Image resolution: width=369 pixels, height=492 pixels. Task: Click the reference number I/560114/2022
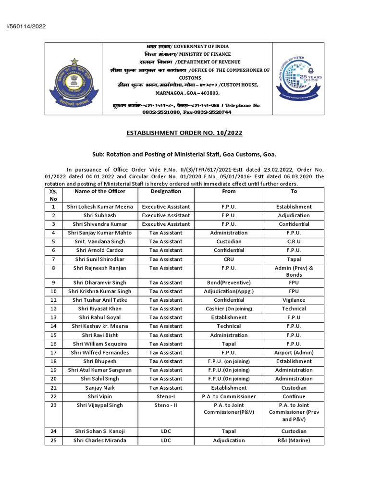[26, 26]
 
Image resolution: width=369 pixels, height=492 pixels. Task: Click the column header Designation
[166, 191]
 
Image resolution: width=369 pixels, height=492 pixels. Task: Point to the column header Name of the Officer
[100, 191]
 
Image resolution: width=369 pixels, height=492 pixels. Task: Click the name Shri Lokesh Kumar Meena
[100, 207]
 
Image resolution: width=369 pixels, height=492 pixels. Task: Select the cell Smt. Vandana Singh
[100, 242]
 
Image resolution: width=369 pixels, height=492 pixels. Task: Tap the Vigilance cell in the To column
[294, 300]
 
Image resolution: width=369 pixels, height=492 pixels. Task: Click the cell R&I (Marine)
[294, 440]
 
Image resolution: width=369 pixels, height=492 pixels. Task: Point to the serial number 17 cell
[53, 352]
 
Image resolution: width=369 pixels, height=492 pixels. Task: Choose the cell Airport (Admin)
[294, 352]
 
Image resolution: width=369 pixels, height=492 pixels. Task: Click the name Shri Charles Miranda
[100, 440]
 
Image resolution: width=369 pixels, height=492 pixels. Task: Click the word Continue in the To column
[294, 396]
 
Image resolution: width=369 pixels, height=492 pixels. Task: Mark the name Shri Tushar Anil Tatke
[100, 300]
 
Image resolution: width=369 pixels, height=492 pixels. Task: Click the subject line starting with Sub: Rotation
[184, 155]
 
